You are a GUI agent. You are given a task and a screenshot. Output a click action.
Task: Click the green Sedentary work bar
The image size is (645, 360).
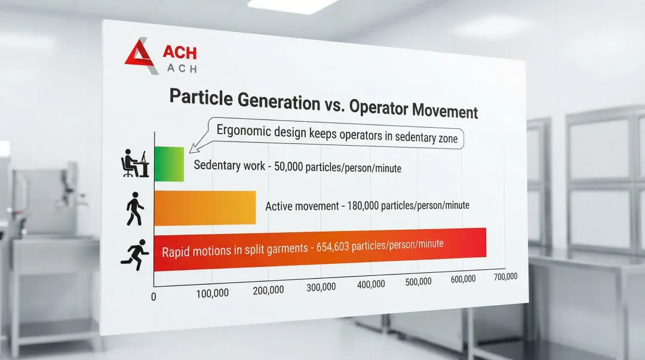pos(169,164)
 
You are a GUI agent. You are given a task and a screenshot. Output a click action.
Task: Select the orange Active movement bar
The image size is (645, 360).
pos(205,208)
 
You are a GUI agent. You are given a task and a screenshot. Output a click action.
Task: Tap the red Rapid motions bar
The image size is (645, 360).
pos(320,250)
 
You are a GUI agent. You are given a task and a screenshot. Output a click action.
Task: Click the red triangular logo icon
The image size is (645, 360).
pos(141,56)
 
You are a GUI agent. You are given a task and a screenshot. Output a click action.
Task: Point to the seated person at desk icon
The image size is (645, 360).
pos(135,164)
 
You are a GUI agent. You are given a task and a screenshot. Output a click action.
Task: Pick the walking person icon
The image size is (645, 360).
pos(135,208)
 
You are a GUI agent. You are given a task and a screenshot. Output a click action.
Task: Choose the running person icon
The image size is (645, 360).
pos(135,255)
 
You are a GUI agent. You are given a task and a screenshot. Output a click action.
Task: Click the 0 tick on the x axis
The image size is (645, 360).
pos(153,297)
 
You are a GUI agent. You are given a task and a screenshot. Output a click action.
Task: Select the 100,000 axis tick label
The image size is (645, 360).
pos(212,293)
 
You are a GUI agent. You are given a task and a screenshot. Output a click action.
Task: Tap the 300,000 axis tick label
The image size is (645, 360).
pos(321,287)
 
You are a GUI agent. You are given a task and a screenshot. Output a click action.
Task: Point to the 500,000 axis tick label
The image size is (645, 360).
pos(418,282)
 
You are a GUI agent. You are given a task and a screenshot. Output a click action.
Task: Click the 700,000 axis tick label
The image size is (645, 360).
pos(506,277)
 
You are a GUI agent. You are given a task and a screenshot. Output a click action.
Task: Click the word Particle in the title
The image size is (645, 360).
pos(200,98)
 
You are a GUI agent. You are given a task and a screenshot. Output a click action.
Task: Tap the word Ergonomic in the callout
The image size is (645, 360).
pos(244,131)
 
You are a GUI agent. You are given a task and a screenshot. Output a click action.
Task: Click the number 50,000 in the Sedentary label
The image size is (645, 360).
pos(288,167)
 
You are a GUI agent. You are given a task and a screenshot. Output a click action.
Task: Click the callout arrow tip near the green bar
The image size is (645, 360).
pos(190,153)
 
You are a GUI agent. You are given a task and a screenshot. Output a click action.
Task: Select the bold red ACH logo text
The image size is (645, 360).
pos(180,53)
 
